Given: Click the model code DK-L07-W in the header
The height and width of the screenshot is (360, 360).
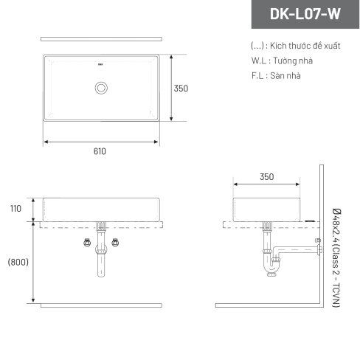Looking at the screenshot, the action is click(305, 14).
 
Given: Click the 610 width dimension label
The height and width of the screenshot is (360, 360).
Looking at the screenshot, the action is click(100, 151).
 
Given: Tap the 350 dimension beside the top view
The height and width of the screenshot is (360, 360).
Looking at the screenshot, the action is click(181, 89).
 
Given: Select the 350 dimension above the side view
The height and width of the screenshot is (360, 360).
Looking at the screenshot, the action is click(267, 177).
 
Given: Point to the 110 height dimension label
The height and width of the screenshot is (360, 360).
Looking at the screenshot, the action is click(15, 209).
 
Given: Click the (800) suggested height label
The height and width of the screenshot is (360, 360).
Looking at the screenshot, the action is click(18, 262).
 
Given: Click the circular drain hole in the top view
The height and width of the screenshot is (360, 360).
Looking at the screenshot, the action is click(101, 88).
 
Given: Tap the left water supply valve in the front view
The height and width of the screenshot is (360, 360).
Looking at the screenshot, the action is click(87, 243).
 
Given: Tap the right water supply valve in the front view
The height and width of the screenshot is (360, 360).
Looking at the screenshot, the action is click(115, 243).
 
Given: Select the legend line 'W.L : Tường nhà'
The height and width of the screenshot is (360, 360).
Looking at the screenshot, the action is click(282, 60).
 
